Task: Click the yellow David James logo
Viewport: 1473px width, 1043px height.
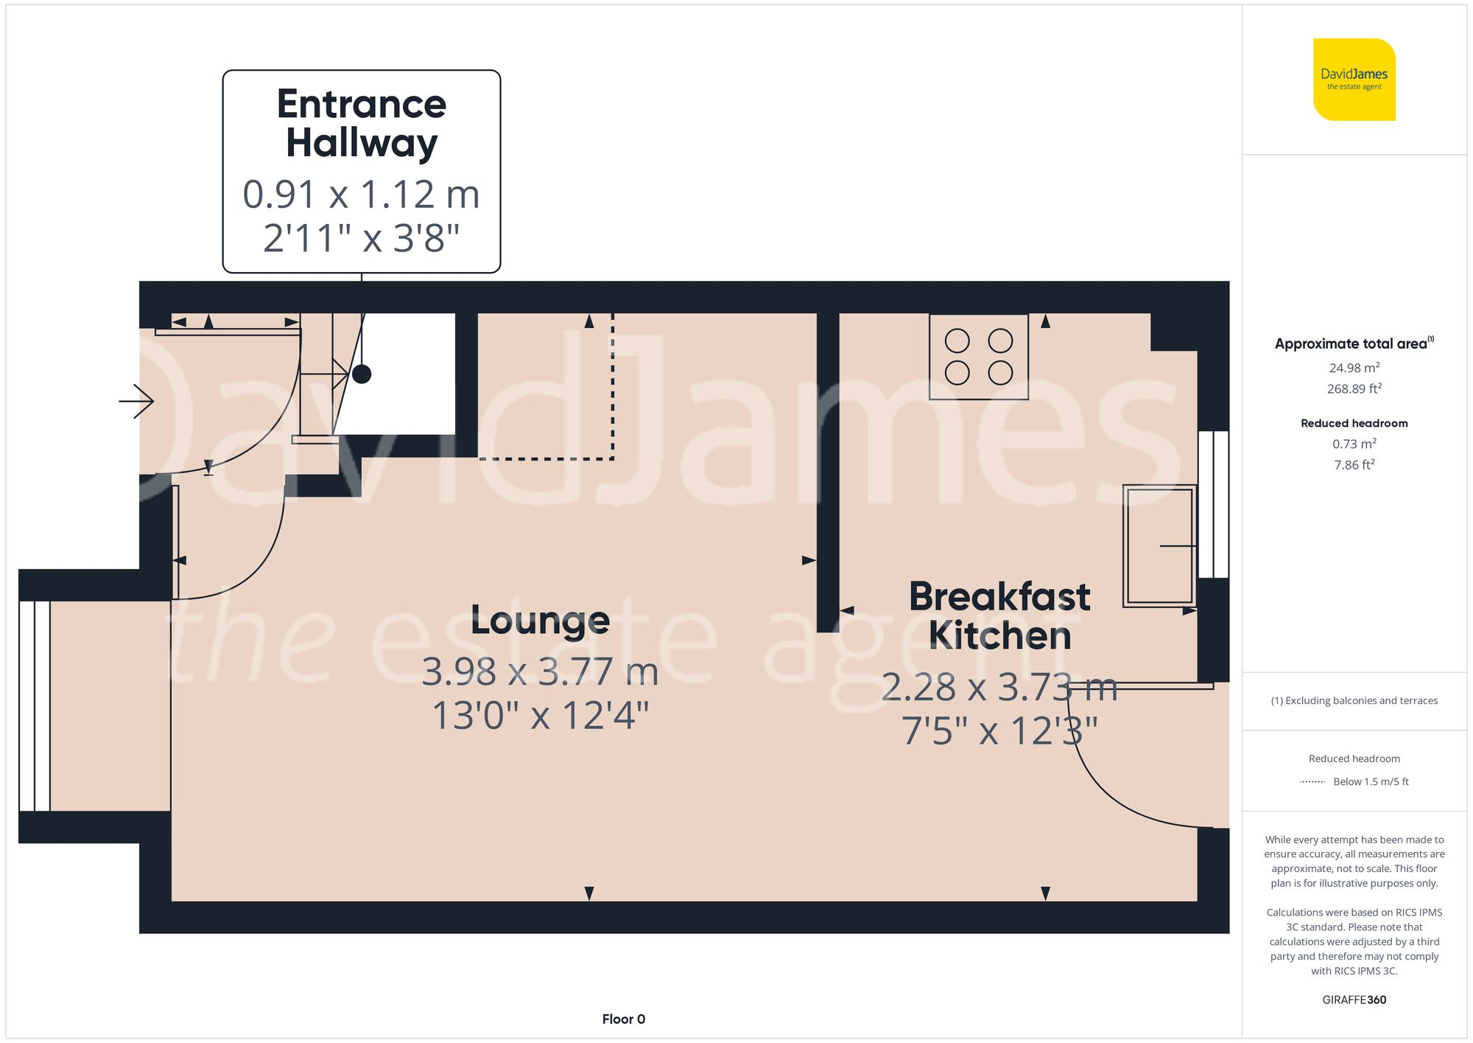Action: coord(1354,80)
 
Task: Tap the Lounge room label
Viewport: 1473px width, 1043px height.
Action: coord(540,621)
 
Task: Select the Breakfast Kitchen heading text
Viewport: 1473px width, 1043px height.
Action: coord(999,615)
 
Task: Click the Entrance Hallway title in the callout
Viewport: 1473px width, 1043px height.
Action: coord(361,123)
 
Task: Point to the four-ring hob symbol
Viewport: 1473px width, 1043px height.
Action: coord(978,357)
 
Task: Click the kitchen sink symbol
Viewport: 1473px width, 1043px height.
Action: coord(1158,545)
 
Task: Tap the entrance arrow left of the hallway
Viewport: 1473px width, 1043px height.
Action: coord(137,402)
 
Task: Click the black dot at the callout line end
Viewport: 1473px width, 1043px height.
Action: coord(362,374)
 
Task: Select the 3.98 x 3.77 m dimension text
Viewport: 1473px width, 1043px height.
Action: coord(540,672)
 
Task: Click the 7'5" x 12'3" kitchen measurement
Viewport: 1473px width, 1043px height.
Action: coord(999,731)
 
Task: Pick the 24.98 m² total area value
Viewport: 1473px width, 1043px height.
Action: coord(1354,368)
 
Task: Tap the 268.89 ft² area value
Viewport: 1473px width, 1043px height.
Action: coord(1354,388)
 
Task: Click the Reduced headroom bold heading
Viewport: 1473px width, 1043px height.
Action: coord(1354,423)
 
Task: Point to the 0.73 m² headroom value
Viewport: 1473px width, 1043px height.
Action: coord(1354,444)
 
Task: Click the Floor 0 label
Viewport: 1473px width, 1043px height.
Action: coord(623,1019)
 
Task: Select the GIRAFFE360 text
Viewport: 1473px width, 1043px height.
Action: coord(1354,1000)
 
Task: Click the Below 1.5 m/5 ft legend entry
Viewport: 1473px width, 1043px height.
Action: coord(1370,781)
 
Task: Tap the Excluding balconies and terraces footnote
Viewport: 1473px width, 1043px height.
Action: coord(1354,700)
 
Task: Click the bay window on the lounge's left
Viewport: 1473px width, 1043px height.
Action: coord(35,706)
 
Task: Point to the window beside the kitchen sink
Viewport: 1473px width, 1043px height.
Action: coord(1213,504)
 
